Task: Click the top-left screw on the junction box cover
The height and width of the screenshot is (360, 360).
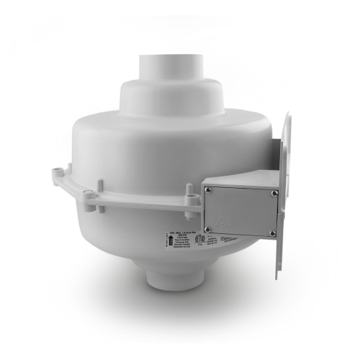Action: click(x=208, y=191)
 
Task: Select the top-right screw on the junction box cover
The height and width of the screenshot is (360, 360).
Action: click(x=273, y=192)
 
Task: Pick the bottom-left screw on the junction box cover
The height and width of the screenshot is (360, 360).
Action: click(x=209, y=234)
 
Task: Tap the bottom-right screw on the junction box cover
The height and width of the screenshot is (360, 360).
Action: click(x=272, y=233)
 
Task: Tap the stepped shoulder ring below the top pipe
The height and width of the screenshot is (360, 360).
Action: click(x=163, y=94)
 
